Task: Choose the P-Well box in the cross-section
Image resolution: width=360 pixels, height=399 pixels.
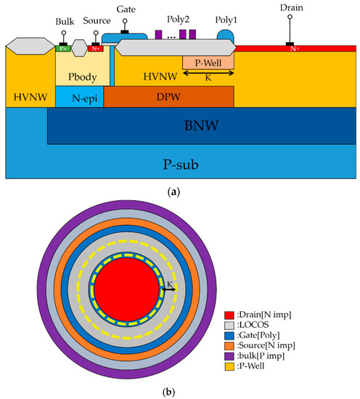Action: (208, 63)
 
